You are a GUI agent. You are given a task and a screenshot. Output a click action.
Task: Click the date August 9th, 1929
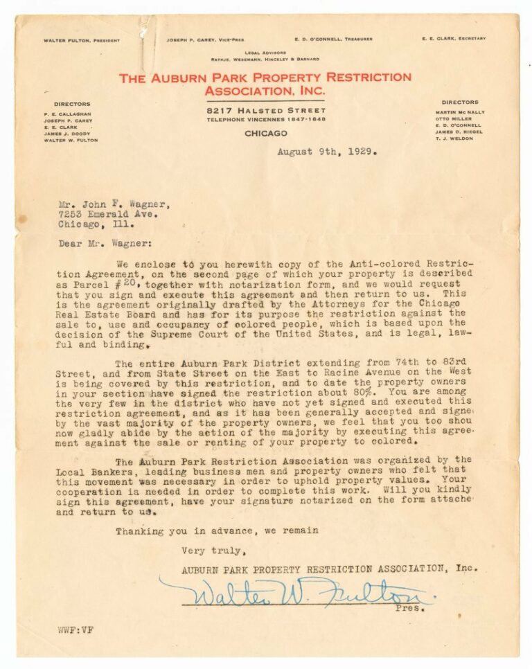point(327,152)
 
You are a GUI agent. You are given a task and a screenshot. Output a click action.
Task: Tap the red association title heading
point(265,84)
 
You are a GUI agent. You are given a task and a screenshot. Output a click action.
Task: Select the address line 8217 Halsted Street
point(265,111)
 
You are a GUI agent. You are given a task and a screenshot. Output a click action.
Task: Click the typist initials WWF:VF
point(75,630)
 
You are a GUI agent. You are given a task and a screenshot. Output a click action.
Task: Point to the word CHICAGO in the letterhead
point(265,133)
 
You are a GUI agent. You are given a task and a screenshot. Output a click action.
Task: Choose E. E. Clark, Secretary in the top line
point(453,39)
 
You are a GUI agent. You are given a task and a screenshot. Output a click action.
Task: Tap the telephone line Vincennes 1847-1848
point(265,120)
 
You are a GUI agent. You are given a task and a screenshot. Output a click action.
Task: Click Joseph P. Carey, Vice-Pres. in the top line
point(205,40)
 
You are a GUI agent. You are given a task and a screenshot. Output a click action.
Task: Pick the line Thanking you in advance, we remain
point(217,531)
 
